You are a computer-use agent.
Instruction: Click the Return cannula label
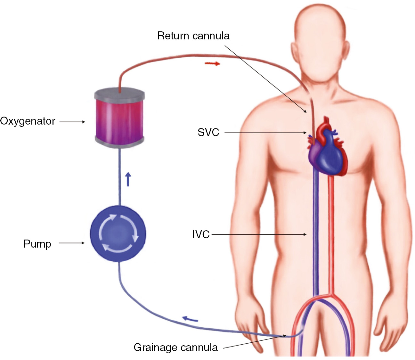click(x=193, y=36)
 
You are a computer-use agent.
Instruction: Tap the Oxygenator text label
click(x=28, y=121)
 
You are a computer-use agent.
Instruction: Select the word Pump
click(x=37, y=244)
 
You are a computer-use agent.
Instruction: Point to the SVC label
click(x=208, y=132)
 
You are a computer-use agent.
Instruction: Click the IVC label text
click(x=201, y=234)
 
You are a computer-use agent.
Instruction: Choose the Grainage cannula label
click(x=175, y=348)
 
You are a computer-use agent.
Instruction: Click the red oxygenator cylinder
click(x=119, y=119)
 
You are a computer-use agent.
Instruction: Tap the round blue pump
click(x=118, y=233)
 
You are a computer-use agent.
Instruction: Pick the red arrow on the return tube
click(x=212, y=63)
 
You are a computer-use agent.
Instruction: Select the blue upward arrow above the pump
click(x=128, y=179)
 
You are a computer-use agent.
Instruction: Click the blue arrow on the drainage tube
click(x=190, y=319)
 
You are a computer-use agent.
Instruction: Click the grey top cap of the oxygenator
click(x=119, y=95)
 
